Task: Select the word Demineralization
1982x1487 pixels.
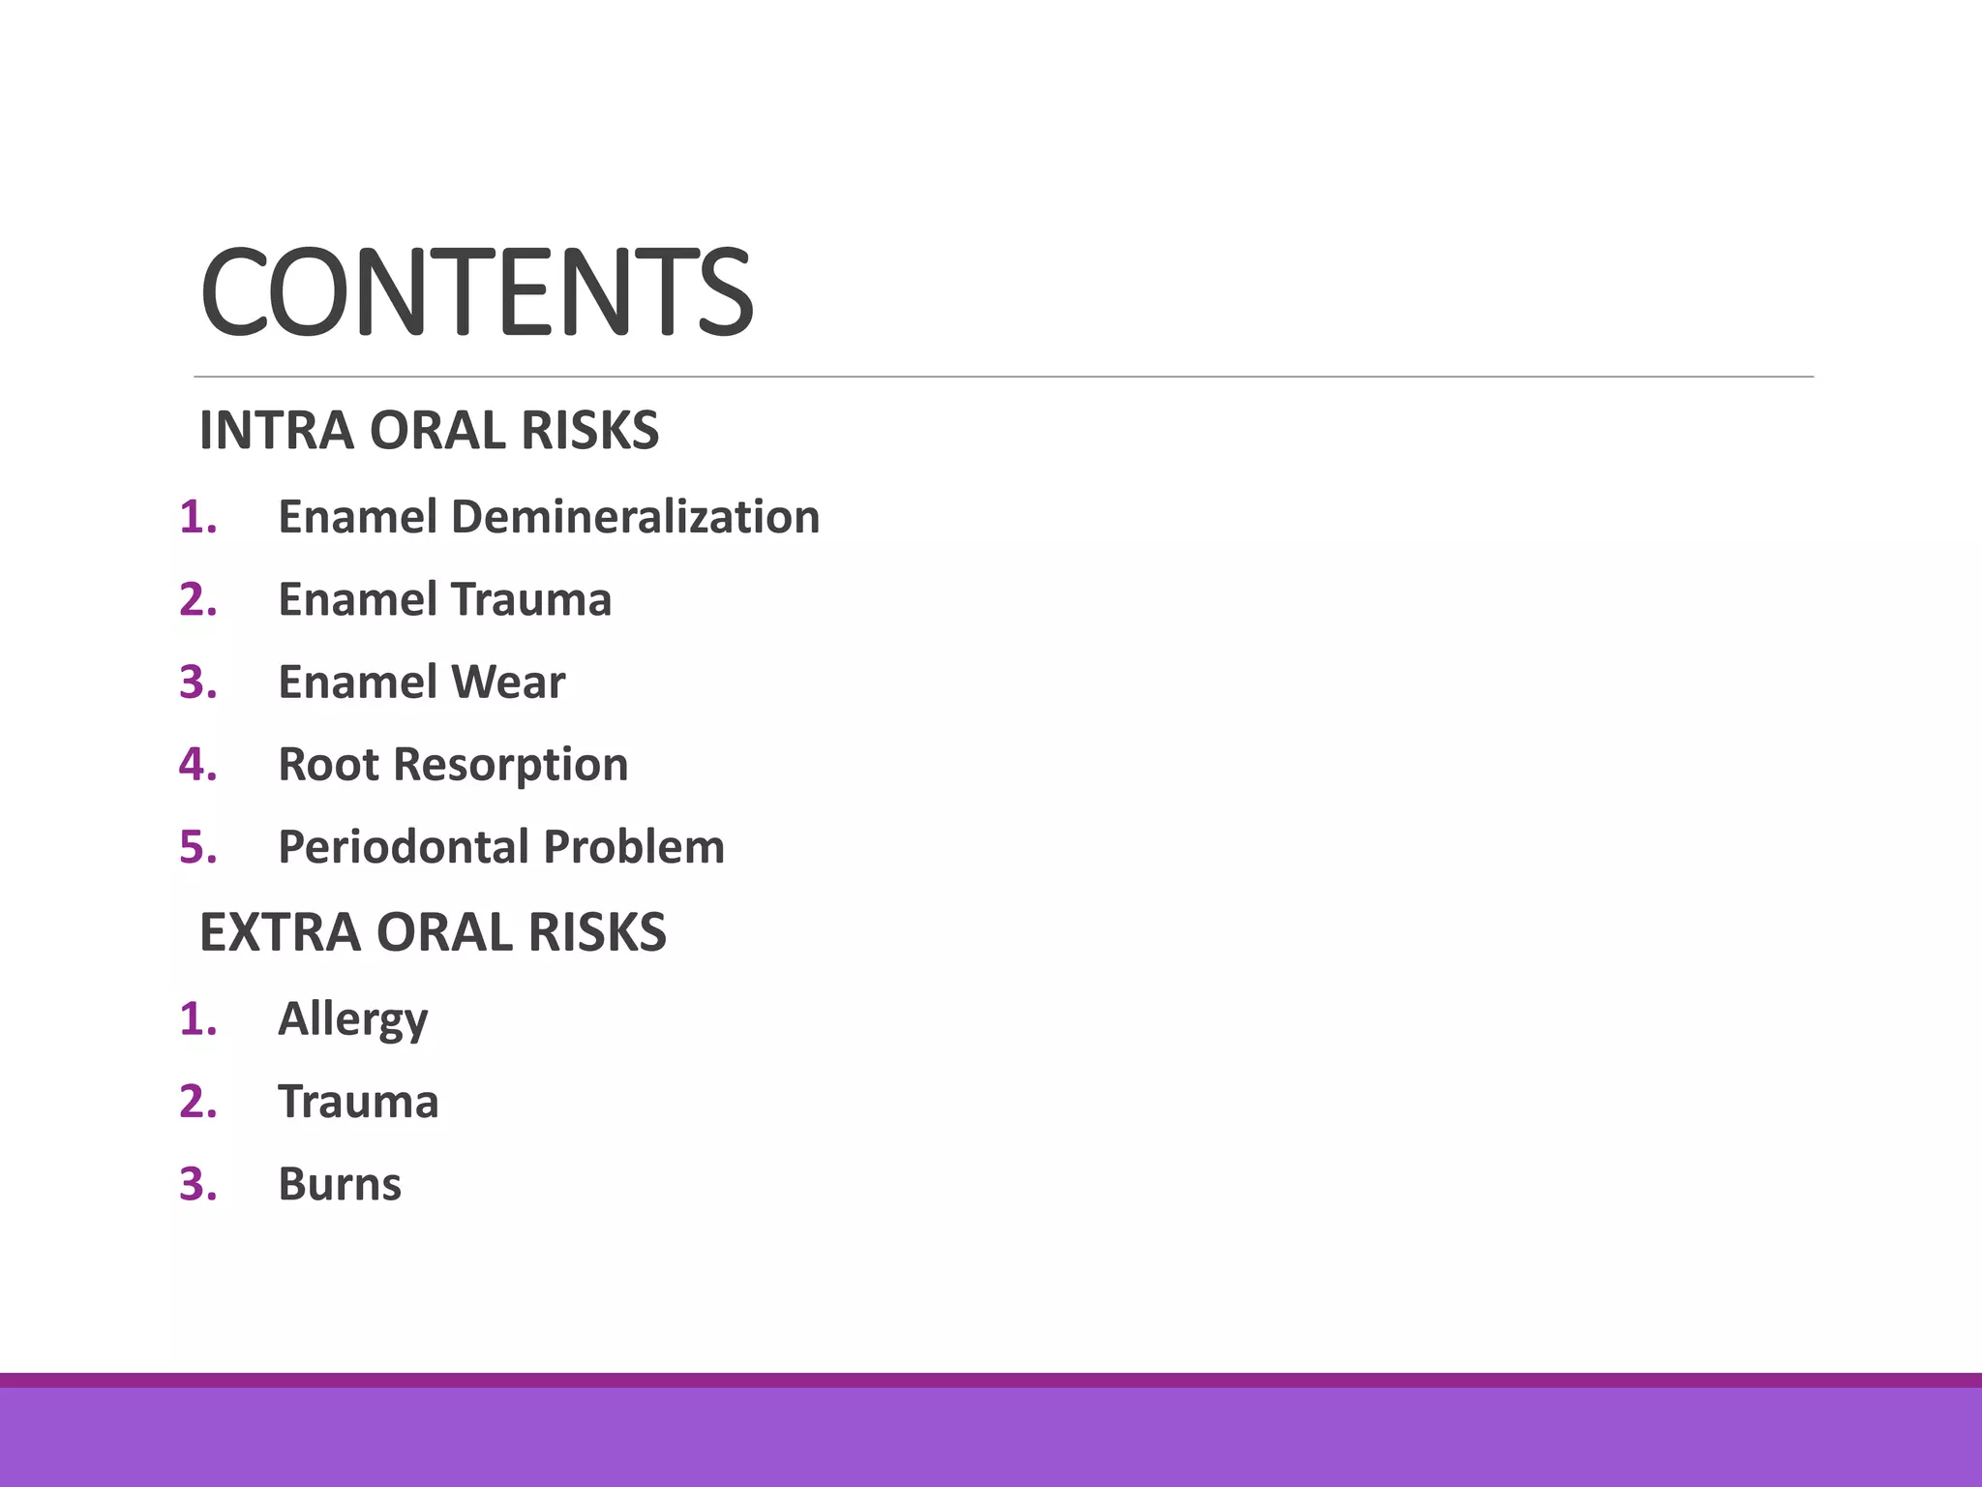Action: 635,517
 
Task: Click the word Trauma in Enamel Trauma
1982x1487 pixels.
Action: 531,599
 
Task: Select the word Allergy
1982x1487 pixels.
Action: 352,1019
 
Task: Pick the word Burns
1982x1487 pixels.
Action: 339,1184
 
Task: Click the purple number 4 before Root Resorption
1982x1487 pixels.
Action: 196,764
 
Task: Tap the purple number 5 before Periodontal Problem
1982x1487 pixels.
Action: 196,847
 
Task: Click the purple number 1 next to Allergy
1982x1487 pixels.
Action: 196,1019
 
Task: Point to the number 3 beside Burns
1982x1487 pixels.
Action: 196,1184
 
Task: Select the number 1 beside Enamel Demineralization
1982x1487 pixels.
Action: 196,517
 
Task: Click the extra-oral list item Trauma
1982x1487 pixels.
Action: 358,1102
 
